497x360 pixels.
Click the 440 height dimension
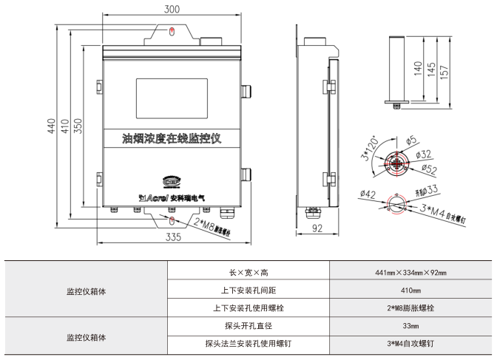click(x=51, y=126)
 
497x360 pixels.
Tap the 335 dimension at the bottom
click(x=172, y=237)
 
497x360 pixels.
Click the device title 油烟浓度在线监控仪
click(x=172, y=138)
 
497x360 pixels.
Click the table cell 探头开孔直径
click(x=234, y=325)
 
